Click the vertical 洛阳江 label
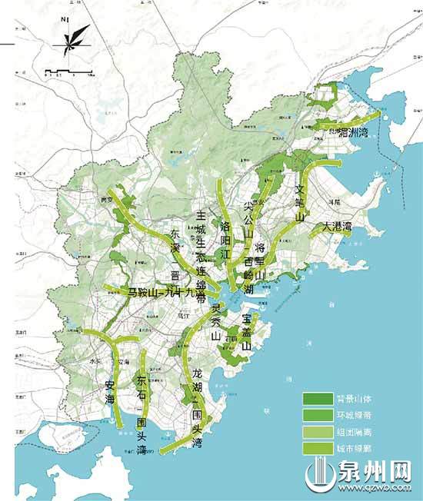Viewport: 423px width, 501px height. (x=225, y=237)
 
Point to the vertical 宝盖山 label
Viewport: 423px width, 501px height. (x=247, y=330)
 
